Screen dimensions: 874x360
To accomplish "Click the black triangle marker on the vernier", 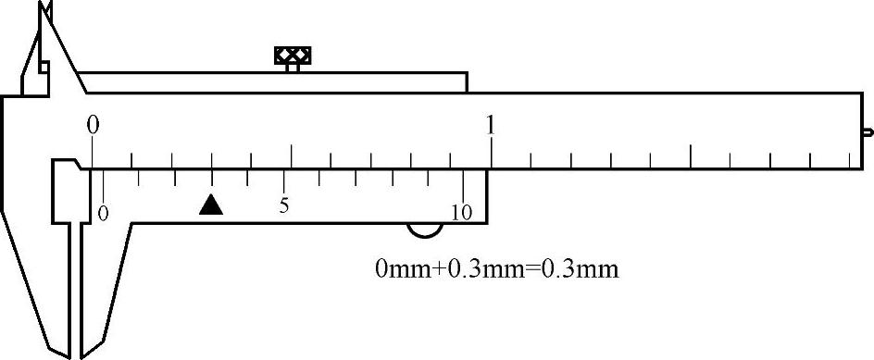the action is pos(211,205).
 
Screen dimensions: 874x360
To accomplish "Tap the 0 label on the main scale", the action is pos(94,125).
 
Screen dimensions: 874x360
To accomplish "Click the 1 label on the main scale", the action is pos(491,125).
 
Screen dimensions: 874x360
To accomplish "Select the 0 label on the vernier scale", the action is pos(103,213).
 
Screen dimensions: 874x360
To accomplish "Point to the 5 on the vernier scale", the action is pos(284,206).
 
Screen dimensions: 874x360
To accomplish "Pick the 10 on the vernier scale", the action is pos(462,212).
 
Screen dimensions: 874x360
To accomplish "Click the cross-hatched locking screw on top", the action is pos(293,56).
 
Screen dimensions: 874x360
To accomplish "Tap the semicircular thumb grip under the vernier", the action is pos(425,230).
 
